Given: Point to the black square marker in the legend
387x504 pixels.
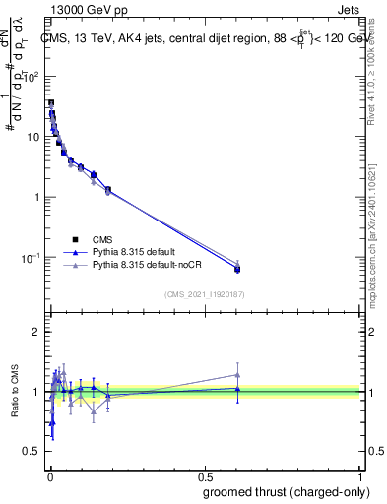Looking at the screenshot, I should click(x=75, y=238).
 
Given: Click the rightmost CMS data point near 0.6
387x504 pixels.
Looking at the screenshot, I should click(x=237, y=269).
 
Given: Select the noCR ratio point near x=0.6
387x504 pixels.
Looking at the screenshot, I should click(x=237, y=374).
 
